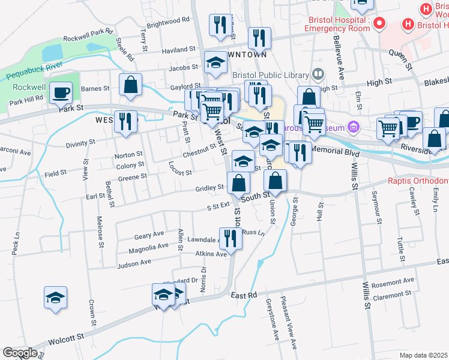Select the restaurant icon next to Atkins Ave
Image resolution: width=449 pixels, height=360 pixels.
[x=230, y=238]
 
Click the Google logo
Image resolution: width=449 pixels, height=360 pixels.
[x=20, y=352]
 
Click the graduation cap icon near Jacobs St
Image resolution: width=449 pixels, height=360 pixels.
[x=214, y=62]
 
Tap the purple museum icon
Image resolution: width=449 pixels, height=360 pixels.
[x=352, y=127]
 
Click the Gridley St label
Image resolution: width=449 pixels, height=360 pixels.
[x=209, y=188]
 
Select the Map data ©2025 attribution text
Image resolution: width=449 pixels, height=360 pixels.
[x=423, y=355]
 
